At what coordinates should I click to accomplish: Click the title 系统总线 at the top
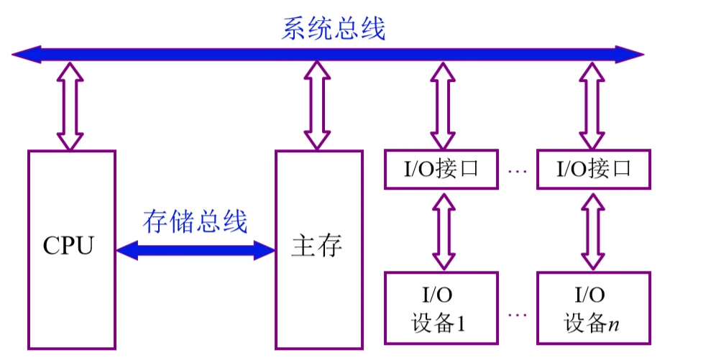(x=334, y=29)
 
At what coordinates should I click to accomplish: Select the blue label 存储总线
(x=195, y=222)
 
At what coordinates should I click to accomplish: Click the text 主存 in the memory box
(x=317, y=246)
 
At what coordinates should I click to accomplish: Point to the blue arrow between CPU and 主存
(x=196, y=250)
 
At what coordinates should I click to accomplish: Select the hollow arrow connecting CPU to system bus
(x=70, y=106)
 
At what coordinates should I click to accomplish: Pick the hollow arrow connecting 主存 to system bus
(x=317, y=106)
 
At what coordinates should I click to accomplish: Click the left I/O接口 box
(x=441, y=170)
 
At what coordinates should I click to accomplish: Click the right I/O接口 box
(x=593, y=170)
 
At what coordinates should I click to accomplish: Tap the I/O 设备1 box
(x=441, y=308)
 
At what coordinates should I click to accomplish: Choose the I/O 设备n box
(x=593, y=308)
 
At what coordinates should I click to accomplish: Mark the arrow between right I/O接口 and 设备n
(x=592, y=231)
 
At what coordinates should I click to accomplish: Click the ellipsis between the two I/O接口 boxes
(x=518, y=171)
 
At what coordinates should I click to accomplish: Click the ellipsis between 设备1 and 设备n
(x=518, y=315)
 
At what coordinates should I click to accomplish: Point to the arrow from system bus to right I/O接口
(x=592, y=106)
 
